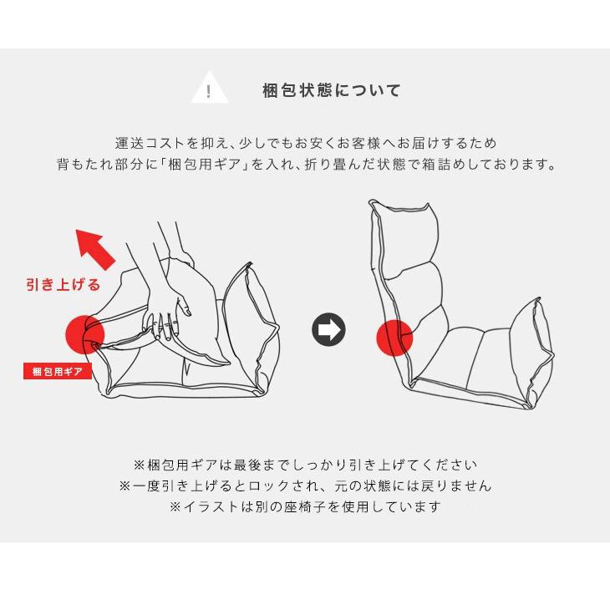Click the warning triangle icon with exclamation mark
pyautogui.click(x=210, y=89)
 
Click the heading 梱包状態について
pyautogui.click(x=332, y=90)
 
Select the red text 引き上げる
pyautogui.click(x=63, y=285)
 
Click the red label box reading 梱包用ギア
pyautogui.click(x=57, y=371)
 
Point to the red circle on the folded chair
pyautogui.click(x=85, y=334)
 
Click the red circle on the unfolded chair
pyautogui.click(x=394, y=338)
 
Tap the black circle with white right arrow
pyautogui.click(x=328, y=330)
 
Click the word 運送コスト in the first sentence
pyautogui.click(x=150, y=143)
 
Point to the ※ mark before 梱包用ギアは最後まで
pyautogui.click(x=140, y=465)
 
